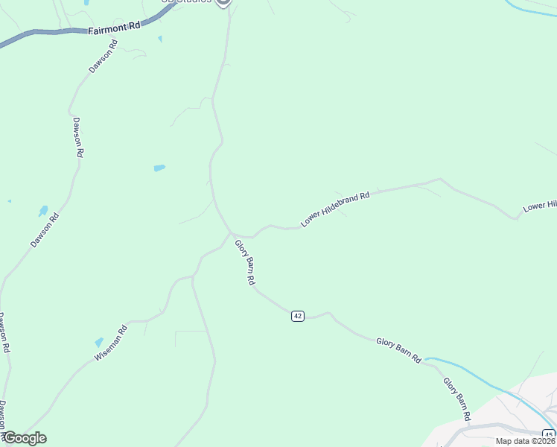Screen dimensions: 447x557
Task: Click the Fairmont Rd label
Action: coord(114,28)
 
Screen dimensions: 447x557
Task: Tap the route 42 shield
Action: coord(298,316)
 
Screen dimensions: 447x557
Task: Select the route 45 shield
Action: coord(548,435)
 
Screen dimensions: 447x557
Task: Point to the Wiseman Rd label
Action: coord(112,343)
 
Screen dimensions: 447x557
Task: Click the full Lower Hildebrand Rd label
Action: coord(335,209)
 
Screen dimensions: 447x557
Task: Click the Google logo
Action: coord(25,438)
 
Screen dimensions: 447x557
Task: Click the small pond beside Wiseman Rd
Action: coord(99,342)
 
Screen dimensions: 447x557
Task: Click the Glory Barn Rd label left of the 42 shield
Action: coord(245,262)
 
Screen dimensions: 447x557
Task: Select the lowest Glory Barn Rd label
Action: coord(456,400)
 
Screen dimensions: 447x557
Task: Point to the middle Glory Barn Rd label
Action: coord(398,350)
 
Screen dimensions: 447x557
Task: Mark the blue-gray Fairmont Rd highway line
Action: coord(45,33)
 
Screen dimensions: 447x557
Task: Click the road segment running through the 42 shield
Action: coord(316,317)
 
